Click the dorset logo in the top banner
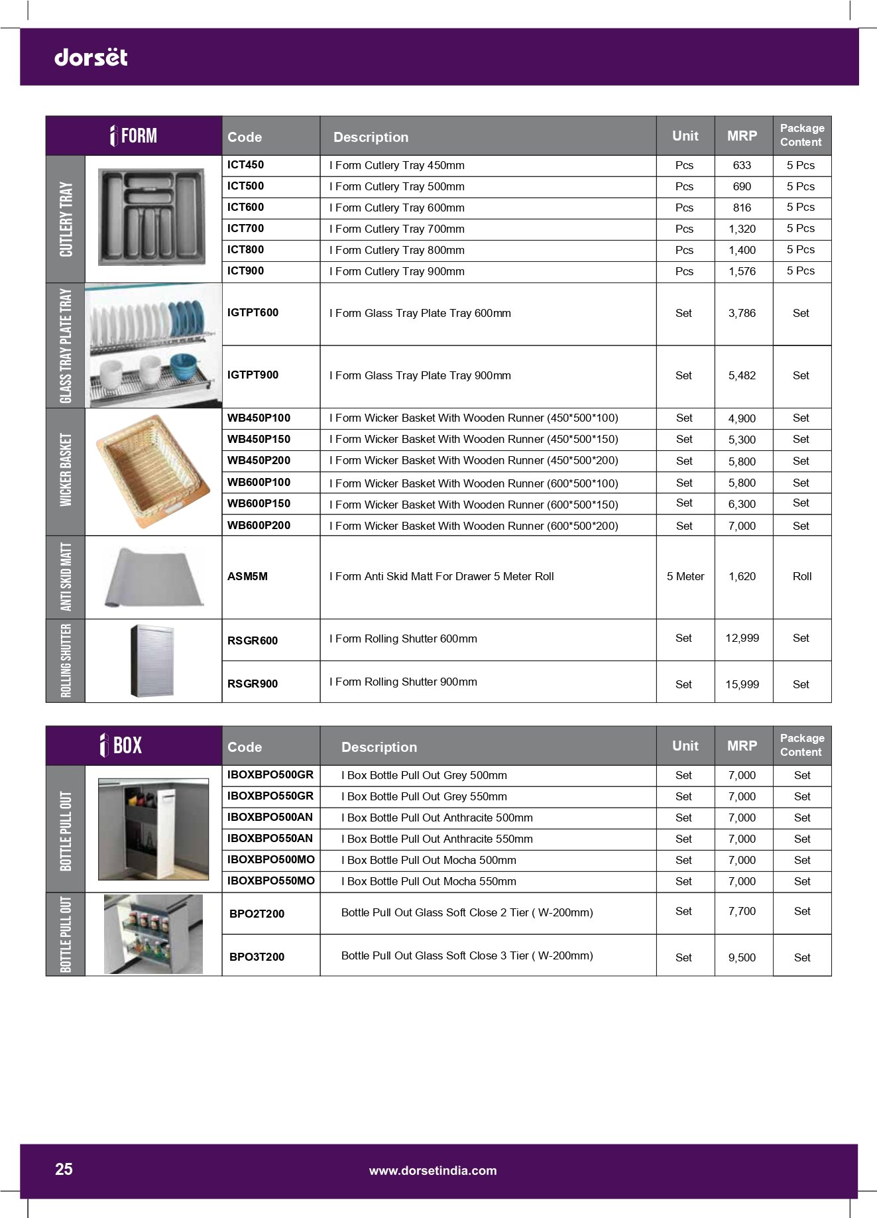(x=91, y=57)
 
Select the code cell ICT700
(x=245, y=229)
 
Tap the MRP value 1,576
(x=742, y=271)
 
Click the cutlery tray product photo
(x=151, y=217)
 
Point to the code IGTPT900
(x=253, y=375)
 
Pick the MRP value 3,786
(x=742, y=313)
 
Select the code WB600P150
(x=259, y=504)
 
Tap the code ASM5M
(x=247, y=577)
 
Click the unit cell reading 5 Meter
(x=685, y=577)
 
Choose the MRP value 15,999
(x=742, y=684)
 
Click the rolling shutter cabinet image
(x=152, y=660)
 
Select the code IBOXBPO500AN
(x=270, y=818)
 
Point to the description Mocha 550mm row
(x=428, y=881)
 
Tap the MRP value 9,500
(x=742, y=957)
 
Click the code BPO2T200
(x=257, y=914)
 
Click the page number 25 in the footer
(x=64, y=1170)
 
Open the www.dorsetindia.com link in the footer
(x=433, y=1171)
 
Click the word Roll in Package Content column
(x=801, y=577)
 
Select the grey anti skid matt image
(x=154, y=577)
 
